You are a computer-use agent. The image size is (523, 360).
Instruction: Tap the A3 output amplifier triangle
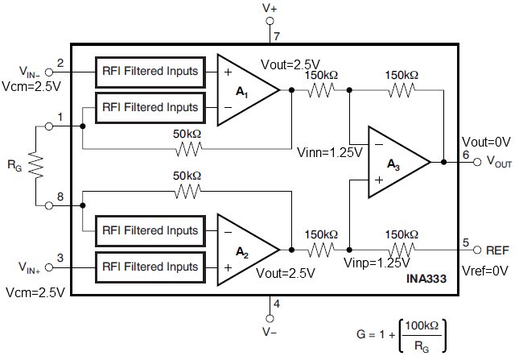(396, 163)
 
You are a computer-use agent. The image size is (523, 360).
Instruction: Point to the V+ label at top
(271, 9)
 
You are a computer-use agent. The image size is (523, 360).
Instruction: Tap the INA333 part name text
(426, 278)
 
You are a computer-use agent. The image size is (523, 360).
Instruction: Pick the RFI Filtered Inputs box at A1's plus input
(149, 71)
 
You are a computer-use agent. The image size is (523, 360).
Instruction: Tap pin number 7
(276, 37)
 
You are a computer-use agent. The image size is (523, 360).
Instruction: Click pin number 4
(276, 304)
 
